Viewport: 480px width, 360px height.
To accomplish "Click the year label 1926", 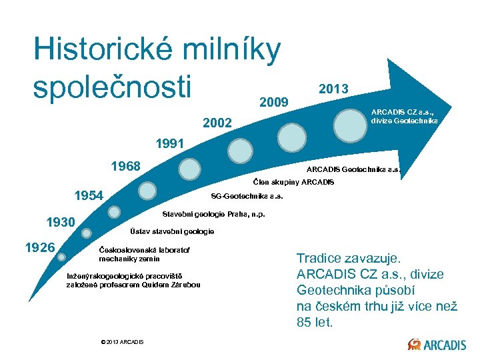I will pos(39,247).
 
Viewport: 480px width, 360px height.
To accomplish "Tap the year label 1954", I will pos(89,195).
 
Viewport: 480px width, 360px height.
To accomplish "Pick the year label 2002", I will pos(217,123).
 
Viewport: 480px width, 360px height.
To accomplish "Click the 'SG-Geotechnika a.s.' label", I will pos(247,196).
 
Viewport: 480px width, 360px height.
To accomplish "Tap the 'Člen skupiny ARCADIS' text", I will pos(294,182).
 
